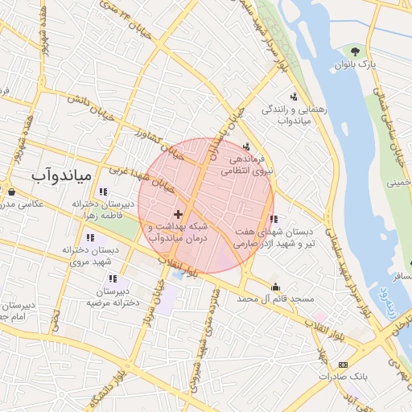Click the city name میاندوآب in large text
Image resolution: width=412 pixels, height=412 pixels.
[x=64, y=173]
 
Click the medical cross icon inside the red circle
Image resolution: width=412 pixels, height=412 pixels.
[x=178, y=215]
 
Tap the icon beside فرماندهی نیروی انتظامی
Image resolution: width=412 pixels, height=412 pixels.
[x=246, y=146]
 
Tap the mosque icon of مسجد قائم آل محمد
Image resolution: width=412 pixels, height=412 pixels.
[x=276, y=286]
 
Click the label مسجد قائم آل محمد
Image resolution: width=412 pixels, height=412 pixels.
[x=274, y=299]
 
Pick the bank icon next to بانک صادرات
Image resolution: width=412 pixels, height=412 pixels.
[x=344, y=364]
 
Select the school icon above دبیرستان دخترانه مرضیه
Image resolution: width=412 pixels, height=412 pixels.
[x=111, y=278]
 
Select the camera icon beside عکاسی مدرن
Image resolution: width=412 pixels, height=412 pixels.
[x=12, y=192]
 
